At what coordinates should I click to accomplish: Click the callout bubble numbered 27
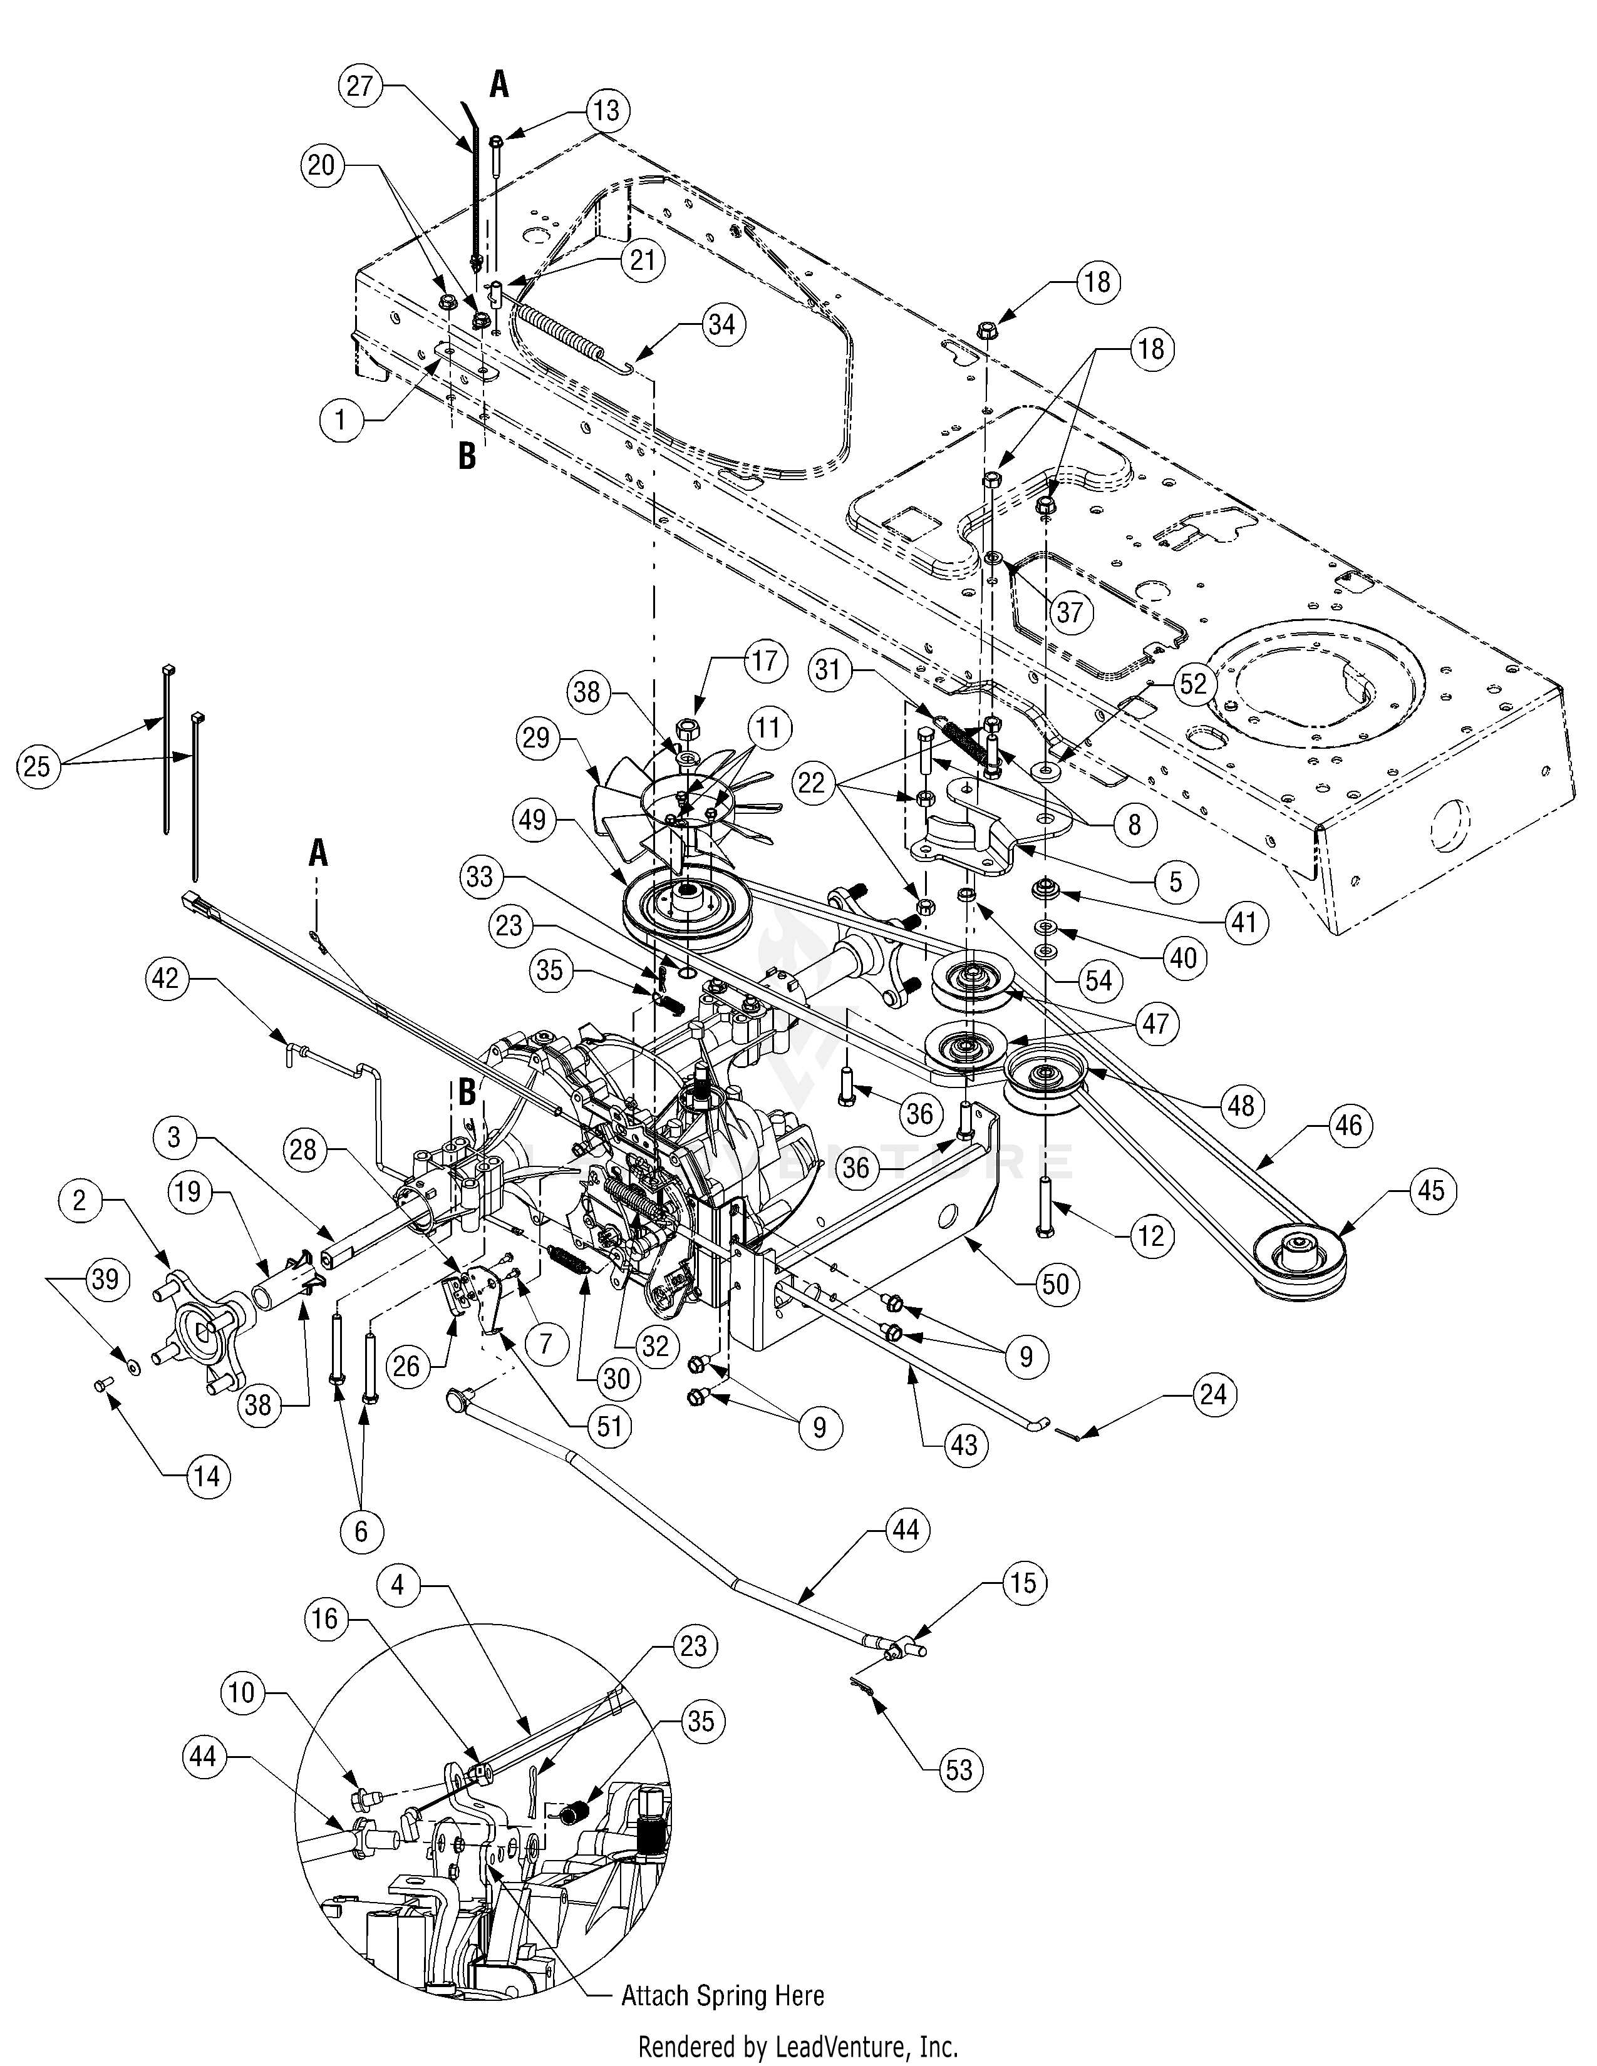359,86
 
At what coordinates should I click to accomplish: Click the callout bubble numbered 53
958,1769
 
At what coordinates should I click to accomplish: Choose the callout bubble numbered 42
165,978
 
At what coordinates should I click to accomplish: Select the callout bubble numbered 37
1069,612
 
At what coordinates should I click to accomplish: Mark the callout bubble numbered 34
721,324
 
